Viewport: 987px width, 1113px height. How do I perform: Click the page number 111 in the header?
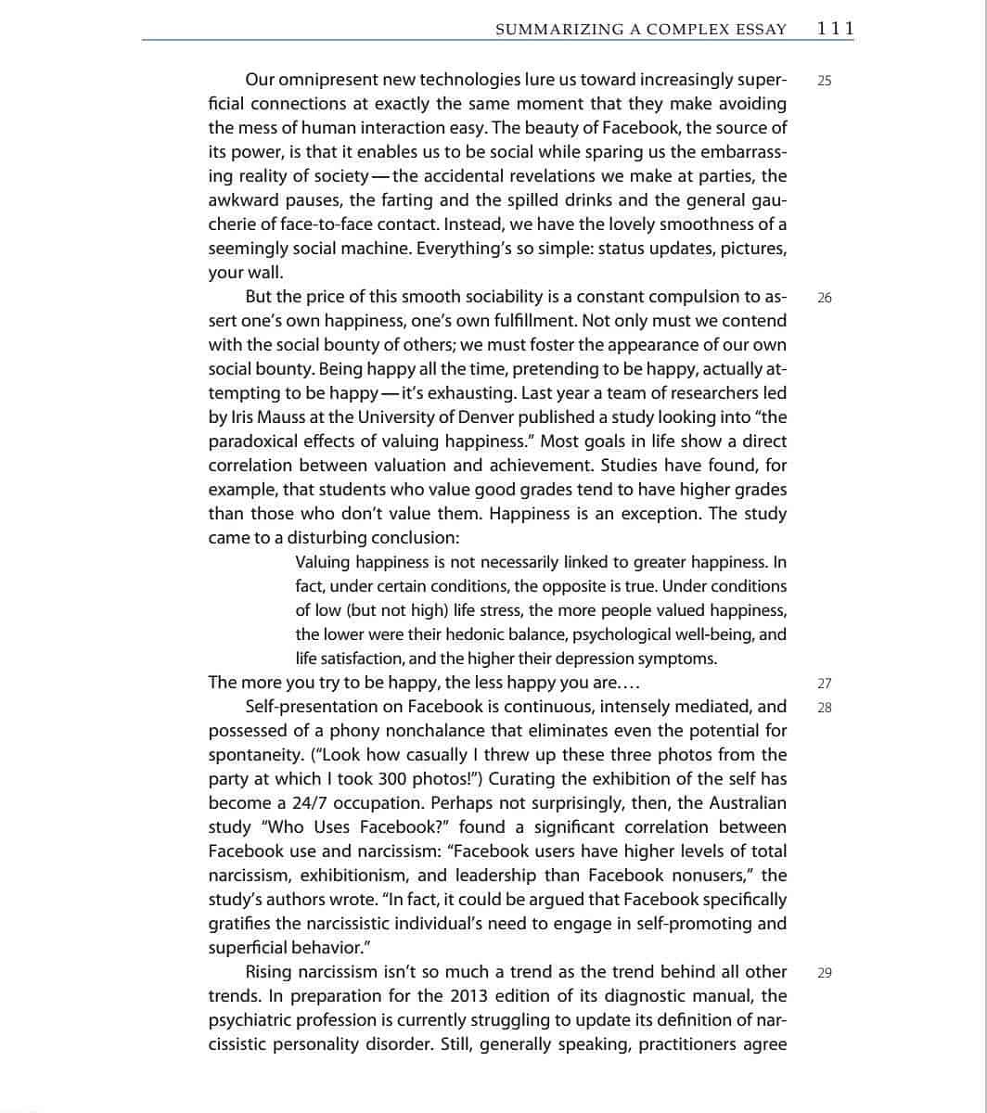click(835, 29)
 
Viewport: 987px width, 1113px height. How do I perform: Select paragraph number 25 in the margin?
click(825, 81)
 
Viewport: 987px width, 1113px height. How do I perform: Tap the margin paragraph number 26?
click(825, 298)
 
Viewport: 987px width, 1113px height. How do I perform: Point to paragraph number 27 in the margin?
click(825, 684)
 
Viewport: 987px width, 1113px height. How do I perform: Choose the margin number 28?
click(825, 708)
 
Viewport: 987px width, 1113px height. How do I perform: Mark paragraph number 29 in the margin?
click(825, 973)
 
